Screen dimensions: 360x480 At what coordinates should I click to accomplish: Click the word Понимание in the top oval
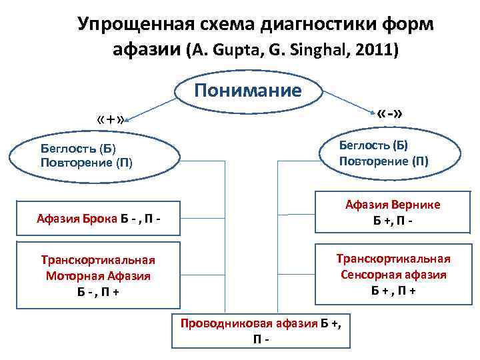(248, 91)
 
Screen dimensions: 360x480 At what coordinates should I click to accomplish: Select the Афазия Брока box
(99, 218)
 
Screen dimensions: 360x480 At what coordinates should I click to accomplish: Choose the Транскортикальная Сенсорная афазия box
(392, 274)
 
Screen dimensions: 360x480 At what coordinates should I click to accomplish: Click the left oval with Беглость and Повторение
(95, 155)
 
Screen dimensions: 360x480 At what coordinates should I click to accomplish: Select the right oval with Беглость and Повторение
(391, 153)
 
